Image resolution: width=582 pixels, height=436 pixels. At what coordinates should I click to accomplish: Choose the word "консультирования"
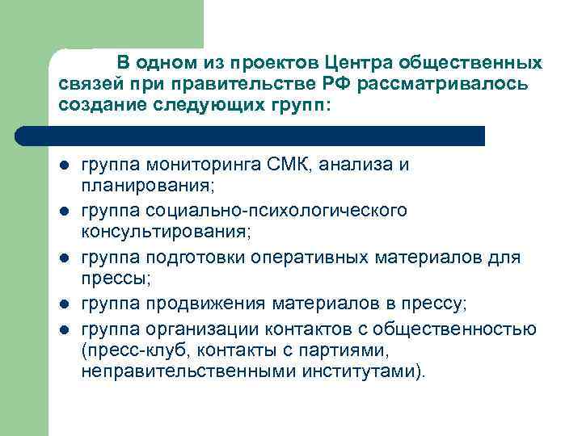pyautogui.click(x=166, y=233)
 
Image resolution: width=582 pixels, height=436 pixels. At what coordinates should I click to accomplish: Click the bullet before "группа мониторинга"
pyautogui.click(x=62, y=166)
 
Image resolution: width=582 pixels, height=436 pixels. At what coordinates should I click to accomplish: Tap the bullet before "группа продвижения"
pyautogui.click(x=62, y=304)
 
